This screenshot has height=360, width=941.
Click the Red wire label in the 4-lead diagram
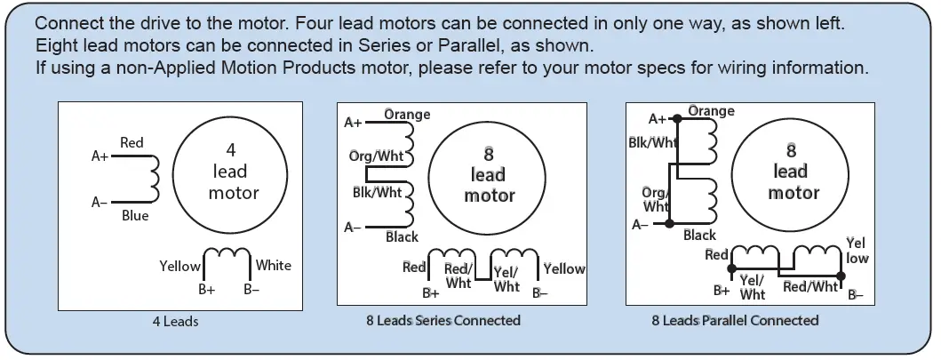132,143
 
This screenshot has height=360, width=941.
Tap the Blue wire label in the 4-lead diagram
135,216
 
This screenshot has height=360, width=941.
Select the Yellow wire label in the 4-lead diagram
179,266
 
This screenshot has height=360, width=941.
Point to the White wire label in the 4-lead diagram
273,265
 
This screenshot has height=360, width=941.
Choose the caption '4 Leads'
175,321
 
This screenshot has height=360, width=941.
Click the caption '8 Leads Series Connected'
443,320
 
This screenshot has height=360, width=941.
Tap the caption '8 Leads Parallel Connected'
735,320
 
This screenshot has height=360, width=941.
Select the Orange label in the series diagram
407,114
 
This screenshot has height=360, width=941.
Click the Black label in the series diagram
402,237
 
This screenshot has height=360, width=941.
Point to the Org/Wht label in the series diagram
376,156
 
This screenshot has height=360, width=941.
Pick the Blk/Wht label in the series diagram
377,192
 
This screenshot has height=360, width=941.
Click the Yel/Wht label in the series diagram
506,280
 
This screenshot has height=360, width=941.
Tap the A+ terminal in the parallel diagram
657,119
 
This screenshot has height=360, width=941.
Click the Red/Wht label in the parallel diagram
810,286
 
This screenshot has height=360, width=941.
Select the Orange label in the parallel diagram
711,111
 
